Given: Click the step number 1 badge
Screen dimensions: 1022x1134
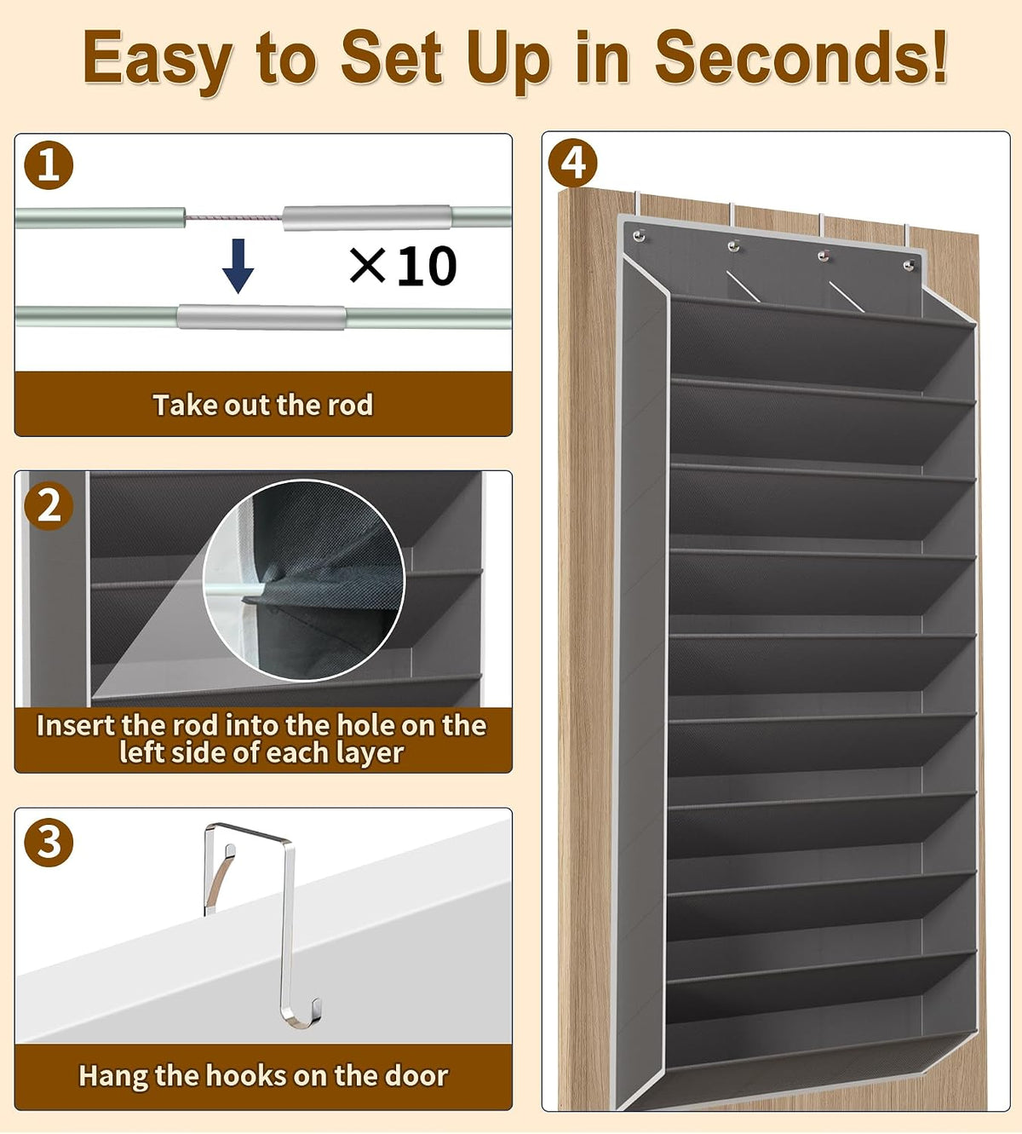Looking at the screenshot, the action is (49, 165).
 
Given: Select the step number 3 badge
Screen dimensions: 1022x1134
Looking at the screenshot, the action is (49, 843).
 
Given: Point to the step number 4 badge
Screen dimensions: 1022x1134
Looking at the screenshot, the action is (572, 163).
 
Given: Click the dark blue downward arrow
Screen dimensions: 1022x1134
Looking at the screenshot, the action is (238, 266).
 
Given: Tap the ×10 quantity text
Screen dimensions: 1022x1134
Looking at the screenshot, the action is (403, 266).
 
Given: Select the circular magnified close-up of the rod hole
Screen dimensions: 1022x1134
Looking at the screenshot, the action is (303, 580).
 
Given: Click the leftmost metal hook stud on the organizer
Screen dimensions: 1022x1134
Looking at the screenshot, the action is (640, 236).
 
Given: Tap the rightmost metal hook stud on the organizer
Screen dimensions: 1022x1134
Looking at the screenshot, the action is (909, 265).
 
